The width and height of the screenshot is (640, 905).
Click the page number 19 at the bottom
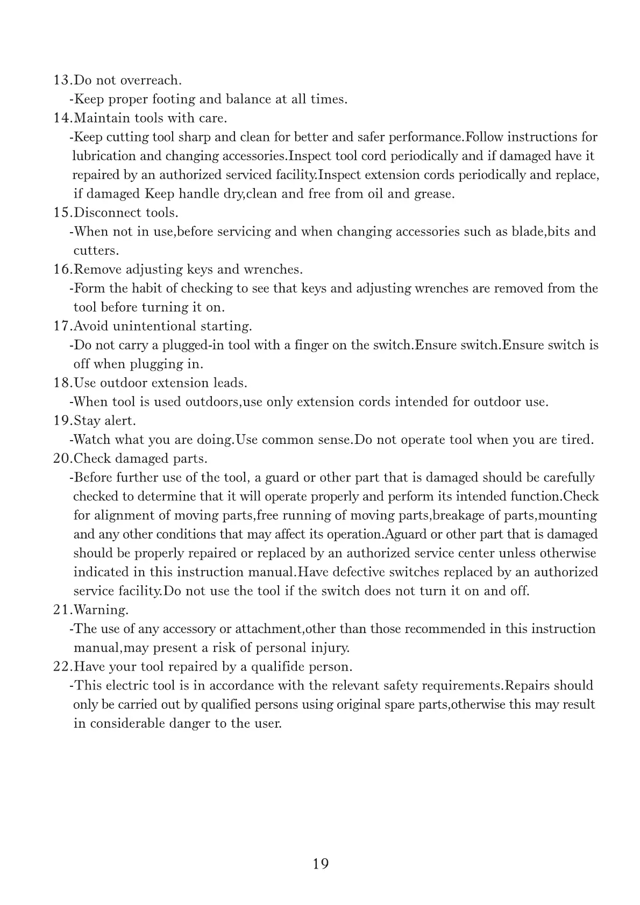[x=320, y=864]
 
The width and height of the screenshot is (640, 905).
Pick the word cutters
[x=95, y=251]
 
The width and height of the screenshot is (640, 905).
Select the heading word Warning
[x=101, y=610]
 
